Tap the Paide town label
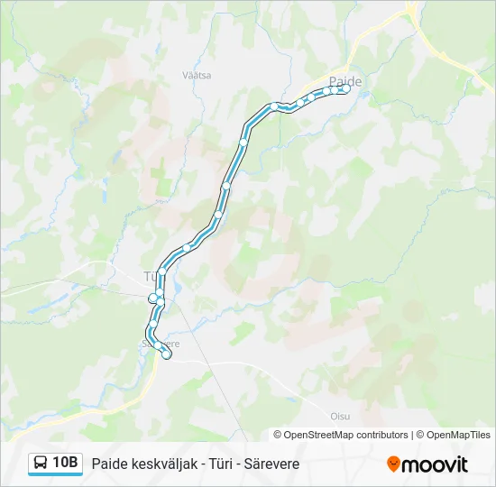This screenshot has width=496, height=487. pyautogui.click(x=345, y=80)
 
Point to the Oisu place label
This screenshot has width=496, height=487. pyautogui.click(x=340, y=416)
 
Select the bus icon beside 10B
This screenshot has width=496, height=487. pyautogui.click(x=41, y=464)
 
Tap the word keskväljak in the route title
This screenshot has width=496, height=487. pyautogui.click(x=162, y=464)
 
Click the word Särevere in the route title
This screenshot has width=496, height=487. pyautogui.click(x=271, y=464)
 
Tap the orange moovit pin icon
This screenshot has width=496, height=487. pyautogui.click(x=393, y=464)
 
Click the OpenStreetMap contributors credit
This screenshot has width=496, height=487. pyautogui.click(x=346, y=435)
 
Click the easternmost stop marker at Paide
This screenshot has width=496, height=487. pyautogui.click(x=346, y=88)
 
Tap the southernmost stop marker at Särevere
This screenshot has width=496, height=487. pyautogui.click(x=166, y=354)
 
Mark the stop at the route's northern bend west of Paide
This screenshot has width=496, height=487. pyautogui.click(x=274, y=106)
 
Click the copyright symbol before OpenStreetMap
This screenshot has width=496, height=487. pyautogui.click(x=279, y=435)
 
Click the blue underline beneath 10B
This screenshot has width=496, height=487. pyautogui.click(x=55, y=475)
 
